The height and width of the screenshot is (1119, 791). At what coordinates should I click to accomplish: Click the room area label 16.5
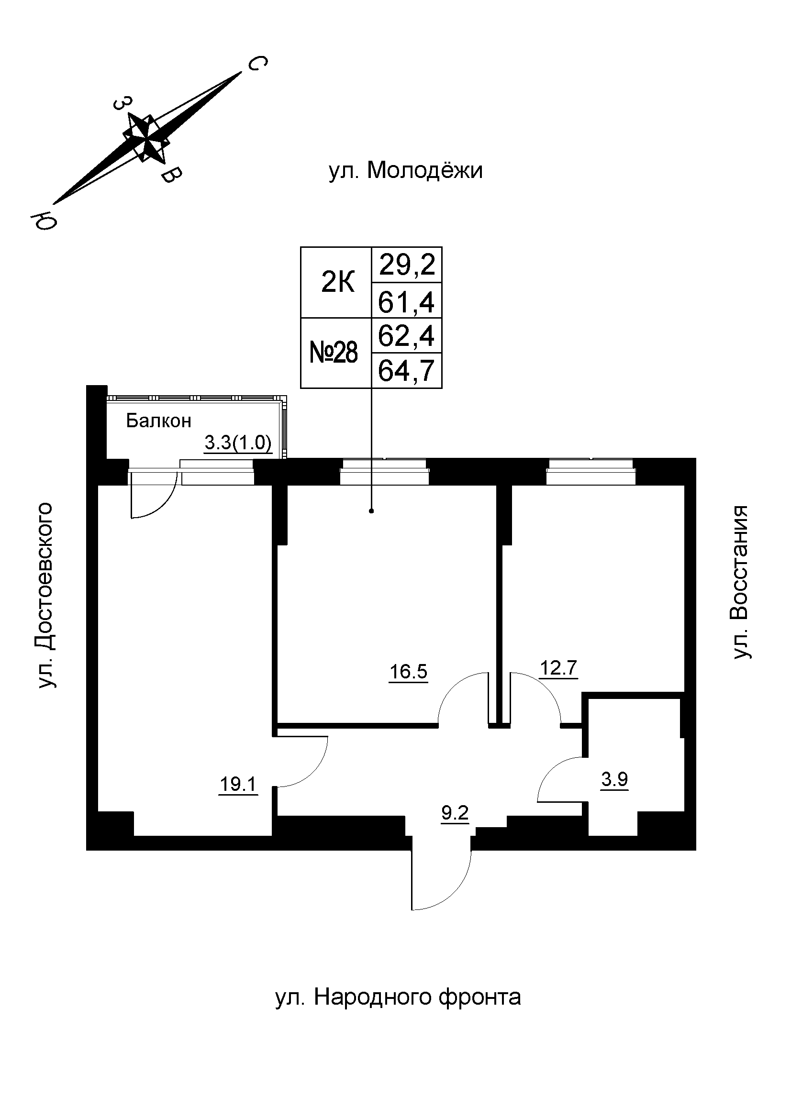pyautogui.click(x=408, y=672)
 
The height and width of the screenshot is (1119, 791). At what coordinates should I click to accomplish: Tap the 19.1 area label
pyautogui.click(x=238, y=785)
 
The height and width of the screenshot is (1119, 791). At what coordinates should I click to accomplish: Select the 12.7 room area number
pyautogui.click(x=558, y=668)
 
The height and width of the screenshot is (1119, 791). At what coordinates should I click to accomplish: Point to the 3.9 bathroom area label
pyautogui.click(x=614, y=779)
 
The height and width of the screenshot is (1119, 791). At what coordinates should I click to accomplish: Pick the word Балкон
pyautogui.click(x=158, y=421)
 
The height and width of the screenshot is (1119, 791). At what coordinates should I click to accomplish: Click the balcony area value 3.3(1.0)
pyautogui.click(x=237, y=443)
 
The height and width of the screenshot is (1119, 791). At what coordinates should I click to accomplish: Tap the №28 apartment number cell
pyautogui.click(x=334, y=353)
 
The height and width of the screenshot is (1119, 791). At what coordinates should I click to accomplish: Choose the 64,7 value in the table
pyautogui.click(x=406, y=371)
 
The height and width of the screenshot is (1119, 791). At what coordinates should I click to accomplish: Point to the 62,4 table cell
pyautogui.click(x=406, y=336)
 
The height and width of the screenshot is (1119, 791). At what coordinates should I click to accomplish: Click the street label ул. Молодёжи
pyautogui.click(x=405, y=171)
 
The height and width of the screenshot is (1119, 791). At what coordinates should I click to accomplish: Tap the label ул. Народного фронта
pyautogui.click(x=398, y=997)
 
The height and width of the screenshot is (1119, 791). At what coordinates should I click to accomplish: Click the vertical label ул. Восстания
pyautogui.click(x=740, y=583)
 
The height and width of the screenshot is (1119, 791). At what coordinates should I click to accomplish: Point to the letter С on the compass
pyautogui.click(x=258, y=63)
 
